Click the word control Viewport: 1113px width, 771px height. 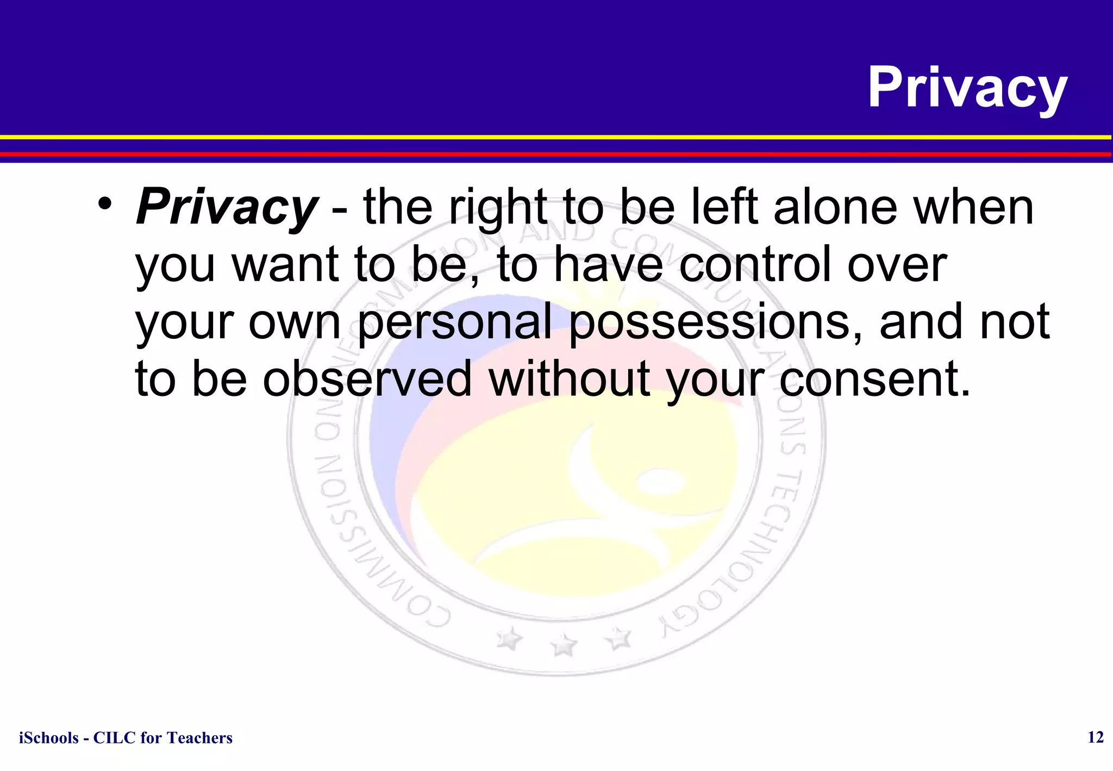tap(755, 265)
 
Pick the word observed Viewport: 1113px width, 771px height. tap(367, 379)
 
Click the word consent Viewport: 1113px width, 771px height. tap(874, 379)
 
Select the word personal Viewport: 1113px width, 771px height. tap(454, 322)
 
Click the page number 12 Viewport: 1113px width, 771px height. tap(1095, 737)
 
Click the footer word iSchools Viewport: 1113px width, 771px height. tap(48, 738)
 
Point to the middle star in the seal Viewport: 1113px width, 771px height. tap(564, 646)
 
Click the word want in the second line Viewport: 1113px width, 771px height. tap(286, 265)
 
